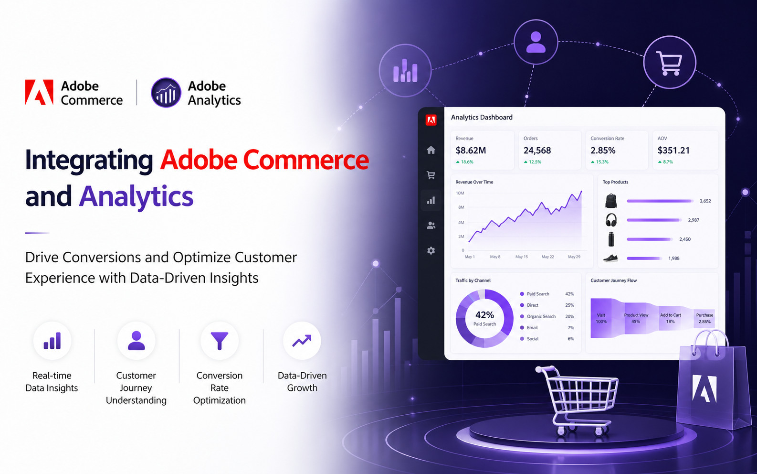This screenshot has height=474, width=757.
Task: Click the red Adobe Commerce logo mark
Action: tap(39, 92)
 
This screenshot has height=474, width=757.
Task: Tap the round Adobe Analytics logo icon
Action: tap(166, 93)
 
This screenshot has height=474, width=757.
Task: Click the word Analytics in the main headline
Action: tap(136, 196)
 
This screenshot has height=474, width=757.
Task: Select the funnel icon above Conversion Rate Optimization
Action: tap(220, 341)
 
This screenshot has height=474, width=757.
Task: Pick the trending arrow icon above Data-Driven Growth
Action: tap(302, 341)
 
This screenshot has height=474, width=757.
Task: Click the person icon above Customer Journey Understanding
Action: tap(136, 341)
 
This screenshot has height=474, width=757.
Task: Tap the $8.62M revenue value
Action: tap(471, 151)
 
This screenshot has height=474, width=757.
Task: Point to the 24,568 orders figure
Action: tap(537, 151)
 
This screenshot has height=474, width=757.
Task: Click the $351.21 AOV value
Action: tap(673, 151)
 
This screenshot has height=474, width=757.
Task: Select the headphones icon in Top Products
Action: tap(611, 220)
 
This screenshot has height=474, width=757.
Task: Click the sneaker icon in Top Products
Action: tap(610, 258)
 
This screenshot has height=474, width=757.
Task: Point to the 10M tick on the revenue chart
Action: tap(460, 193)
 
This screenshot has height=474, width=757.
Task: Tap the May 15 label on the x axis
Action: tap(522, 257)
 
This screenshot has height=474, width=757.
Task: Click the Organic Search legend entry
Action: tap(541, 316)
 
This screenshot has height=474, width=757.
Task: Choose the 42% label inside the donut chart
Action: tap(484, 315)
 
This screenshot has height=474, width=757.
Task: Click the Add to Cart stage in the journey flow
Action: tap(671, 318)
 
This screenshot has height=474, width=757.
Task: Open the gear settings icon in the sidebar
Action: tap(431, 250)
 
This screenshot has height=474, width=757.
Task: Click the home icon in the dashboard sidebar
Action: tap(431, 150)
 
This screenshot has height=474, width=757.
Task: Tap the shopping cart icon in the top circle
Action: tap(670, 63)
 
